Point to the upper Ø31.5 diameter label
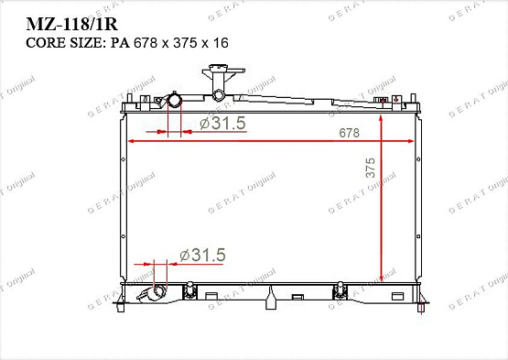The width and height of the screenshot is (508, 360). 222,124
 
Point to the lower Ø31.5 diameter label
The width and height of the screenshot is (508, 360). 201,255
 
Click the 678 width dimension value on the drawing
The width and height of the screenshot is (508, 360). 348,133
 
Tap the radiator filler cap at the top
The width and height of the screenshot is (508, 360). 219,77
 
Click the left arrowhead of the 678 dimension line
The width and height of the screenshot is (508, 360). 131,141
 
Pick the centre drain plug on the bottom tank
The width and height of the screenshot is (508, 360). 272,295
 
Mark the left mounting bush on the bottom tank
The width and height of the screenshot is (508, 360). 191,291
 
